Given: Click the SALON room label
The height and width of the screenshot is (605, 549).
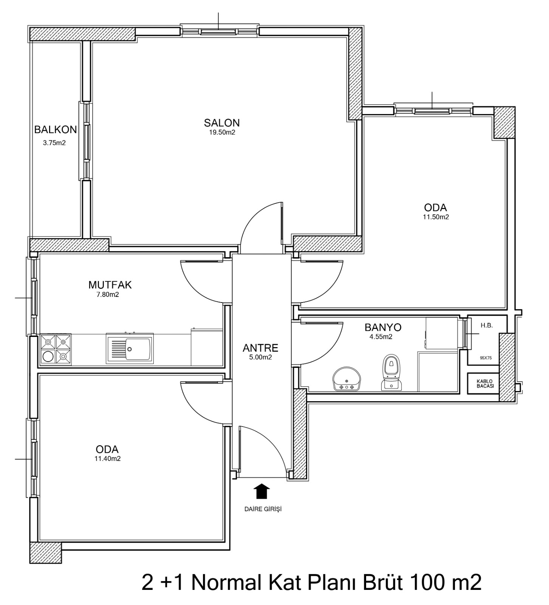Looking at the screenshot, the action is (x=222, y=123).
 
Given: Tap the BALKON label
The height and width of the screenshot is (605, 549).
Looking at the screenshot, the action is (x=56, y=130).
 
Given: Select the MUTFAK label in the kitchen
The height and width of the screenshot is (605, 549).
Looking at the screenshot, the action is (x=110, y=284).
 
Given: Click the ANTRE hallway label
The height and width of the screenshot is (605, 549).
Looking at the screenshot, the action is (x=260, y=347).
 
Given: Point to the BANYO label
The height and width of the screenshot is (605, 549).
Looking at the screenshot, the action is (x=383, y=327).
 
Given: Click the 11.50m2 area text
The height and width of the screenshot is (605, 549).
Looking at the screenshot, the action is (x=436, y=217).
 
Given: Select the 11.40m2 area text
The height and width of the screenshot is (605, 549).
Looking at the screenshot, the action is (x=108, y=459).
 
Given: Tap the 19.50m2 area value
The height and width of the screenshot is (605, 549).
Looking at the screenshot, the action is (x=222, y=132).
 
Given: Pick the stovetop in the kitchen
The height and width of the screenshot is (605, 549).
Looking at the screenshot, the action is (x=56, y=349).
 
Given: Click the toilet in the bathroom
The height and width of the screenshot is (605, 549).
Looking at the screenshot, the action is (x=391, y=372).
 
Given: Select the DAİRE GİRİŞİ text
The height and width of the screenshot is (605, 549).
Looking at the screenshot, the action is (x=263, y=509).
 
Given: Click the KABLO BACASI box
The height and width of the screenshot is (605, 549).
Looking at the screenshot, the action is (x=484, y=383).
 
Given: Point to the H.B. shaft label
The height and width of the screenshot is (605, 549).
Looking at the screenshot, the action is (x=487, y=325).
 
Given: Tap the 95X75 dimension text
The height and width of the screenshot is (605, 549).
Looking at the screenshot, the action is (x=486, y=357).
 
